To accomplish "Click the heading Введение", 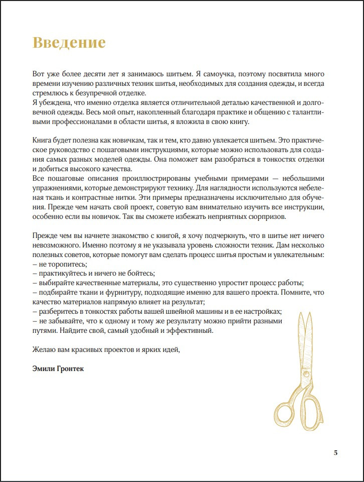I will point(69,42).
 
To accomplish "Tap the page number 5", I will point(335,453).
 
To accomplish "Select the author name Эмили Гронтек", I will point(58,369).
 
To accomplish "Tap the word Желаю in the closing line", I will point(43,349).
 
